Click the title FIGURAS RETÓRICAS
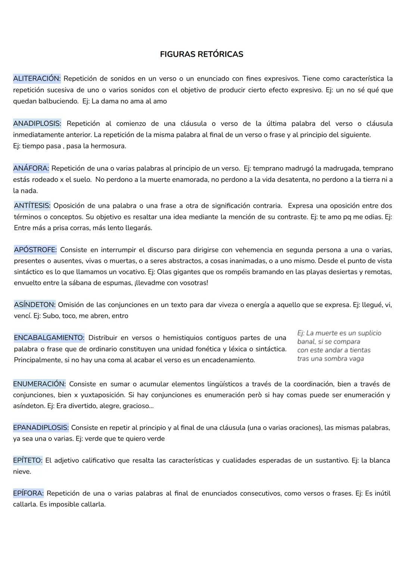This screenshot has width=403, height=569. [201, 54]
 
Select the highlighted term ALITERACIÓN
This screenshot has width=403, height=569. [37, 79]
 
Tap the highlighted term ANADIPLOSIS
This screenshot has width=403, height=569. [37, 124]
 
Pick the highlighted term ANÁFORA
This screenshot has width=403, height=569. [31, 169]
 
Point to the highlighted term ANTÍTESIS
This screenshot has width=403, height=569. [32, 206]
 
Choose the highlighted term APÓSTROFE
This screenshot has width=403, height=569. [35, 250]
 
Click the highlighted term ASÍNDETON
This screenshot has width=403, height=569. [35, 305]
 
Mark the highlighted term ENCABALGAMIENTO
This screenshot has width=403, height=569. [49, 338]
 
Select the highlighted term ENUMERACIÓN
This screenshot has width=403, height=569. [39, 384]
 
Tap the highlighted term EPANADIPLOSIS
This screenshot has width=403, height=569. [41, 428]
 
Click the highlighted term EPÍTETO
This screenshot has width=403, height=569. [28, 460]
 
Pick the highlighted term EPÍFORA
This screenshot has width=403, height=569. [28, 493]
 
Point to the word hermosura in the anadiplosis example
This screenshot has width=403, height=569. [108, 146]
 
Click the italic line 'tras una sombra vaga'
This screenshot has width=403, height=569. [330, 359]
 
